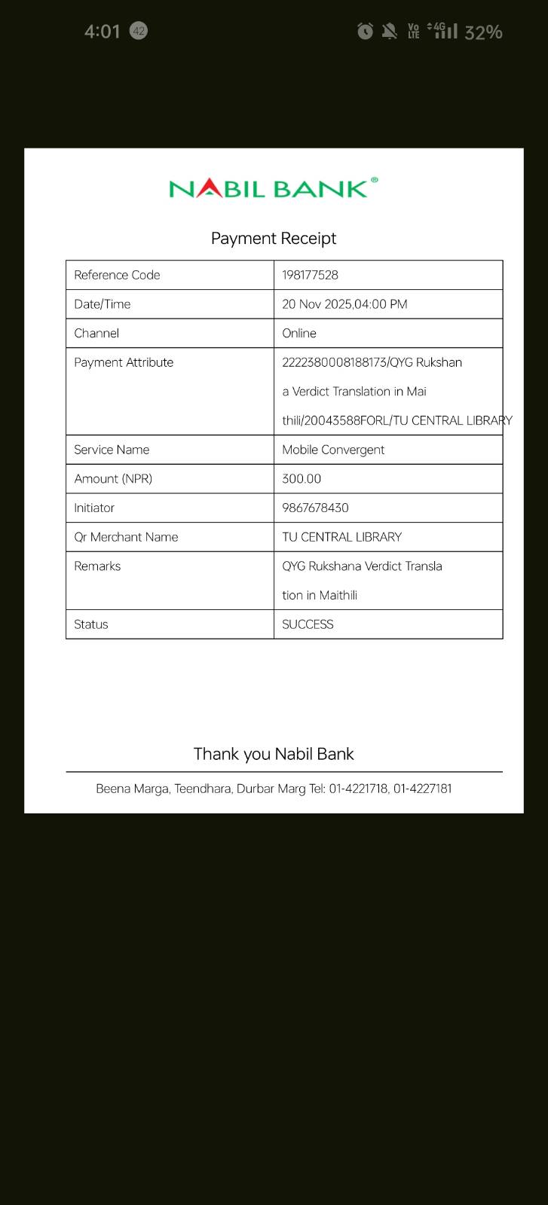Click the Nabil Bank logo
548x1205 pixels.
[x=273, y=188]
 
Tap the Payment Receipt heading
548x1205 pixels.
[x=274, y=239]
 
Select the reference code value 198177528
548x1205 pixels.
[x=310, y=275]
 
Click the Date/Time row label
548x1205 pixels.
[x=103, y=304]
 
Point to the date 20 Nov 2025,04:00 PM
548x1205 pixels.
[x=344, y=304]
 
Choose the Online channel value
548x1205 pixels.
[x=299, y=333]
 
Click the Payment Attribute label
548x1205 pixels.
[x=124, y=362]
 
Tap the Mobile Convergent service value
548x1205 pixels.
[x=333, y=450]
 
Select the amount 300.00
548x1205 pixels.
[x=302, y=479]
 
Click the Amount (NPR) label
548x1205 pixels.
[x=113, y=479]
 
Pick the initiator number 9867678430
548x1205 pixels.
[x=315, y=508]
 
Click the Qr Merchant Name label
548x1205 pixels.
[x=126, y=537]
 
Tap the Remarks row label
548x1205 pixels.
[x=97, y=566]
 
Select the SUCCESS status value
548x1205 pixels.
[x=308, y=624]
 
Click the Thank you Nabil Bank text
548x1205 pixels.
[x=274, y=754]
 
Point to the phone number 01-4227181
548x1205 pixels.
[x=422, y=789]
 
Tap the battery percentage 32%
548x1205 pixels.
[x=483, y=32]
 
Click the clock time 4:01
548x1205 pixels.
[x=102, y=32]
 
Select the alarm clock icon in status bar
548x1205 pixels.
[x=365, y=31]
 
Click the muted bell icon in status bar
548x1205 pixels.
[x=389, y=31]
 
